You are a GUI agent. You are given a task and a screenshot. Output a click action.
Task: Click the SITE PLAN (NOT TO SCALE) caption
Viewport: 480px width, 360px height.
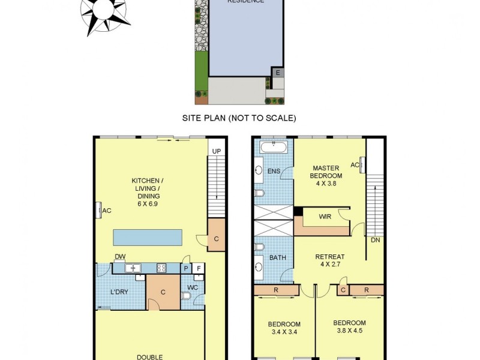pyautogui.click(x=239, y=118)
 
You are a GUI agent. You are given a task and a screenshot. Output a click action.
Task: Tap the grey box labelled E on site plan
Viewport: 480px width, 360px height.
pyautogui.click(x=278, y=73)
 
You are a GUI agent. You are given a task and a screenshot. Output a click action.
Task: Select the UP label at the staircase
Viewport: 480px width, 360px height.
pyautogui.click(x=216, y=151)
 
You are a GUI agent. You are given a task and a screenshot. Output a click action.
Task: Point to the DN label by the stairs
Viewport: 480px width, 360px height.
pyautogui.click(x=375, y=239)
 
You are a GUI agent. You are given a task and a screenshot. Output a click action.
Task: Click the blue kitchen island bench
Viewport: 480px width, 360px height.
pyautogui.click(x=147, y=237)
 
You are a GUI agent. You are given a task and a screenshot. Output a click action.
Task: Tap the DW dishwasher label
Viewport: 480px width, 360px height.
pyautogui.click(x=120, y=257)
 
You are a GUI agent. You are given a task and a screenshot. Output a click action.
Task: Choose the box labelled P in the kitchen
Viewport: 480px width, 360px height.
pyautogui.click(x=186, y=268)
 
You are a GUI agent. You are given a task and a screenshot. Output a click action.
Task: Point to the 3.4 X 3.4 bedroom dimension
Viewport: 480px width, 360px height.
pyautogui.click(x=284, y=332)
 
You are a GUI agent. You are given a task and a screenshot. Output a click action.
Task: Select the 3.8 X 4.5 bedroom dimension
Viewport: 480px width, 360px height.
pyautogui.click(x=350, y=330)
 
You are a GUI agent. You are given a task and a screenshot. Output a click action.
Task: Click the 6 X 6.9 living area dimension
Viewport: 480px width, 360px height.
pyautogui.click(x=146, y=203)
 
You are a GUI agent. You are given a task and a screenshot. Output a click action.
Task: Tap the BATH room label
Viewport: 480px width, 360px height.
pyautogui.click(x=278, y=258)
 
